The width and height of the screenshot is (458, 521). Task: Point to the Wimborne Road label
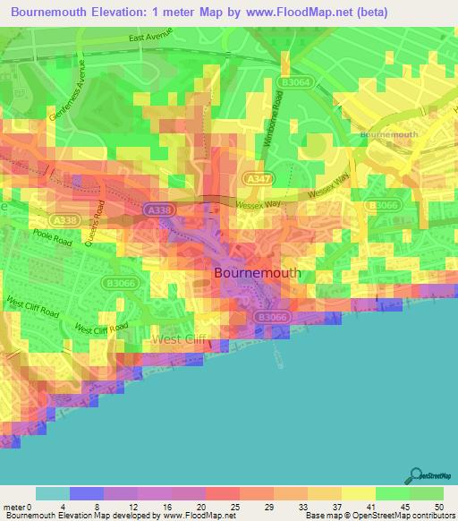coord(276,125)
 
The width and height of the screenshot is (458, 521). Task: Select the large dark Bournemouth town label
coord(256,272)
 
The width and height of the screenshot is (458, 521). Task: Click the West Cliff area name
coord(178,339)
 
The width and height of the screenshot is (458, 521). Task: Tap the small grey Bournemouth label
coord(388,133)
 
